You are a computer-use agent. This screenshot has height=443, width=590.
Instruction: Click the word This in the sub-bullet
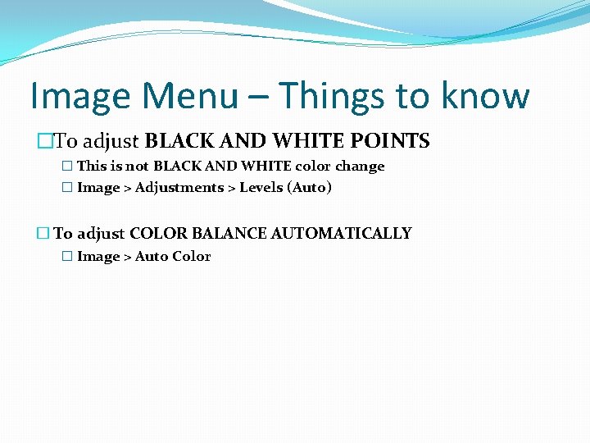[x=91, y=167]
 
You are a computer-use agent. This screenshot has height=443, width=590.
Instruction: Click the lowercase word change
[x=360, y=167]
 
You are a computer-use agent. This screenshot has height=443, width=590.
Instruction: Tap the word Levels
[x=261, y=188]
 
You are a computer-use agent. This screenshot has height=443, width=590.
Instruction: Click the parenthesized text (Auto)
[x=309, y=188]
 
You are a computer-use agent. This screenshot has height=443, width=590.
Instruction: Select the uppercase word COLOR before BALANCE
[x=158, y=234]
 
